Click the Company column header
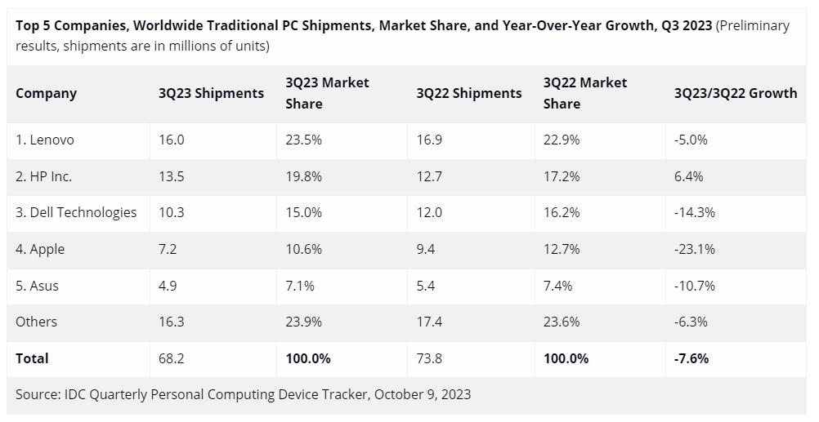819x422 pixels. [x=46, y=93]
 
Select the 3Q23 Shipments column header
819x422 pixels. [x=211, y=93]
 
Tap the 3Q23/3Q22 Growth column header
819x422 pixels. [x=735, y=93]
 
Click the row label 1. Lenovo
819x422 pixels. [x=45, y=140]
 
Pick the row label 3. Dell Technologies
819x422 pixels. [x=76, y=212]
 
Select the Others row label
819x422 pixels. [x=36, y=322]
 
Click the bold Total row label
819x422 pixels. [x=32, y=358]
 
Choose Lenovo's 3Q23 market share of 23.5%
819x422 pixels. [x=303, y=140]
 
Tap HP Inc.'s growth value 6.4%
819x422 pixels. [x=688, y=176]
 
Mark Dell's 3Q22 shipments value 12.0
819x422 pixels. [x=428, y=212]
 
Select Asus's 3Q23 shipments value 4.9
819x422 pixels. [x=168, y=286]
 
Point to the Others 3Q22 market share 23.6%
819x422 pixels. [x=562, y=322]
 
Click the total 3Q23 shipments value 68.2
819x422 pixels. [x=172, y=358]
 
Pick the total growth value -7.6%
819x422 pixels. [x=691, y=358]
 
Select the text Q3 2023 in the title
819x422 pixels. [x=684, y=25]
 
